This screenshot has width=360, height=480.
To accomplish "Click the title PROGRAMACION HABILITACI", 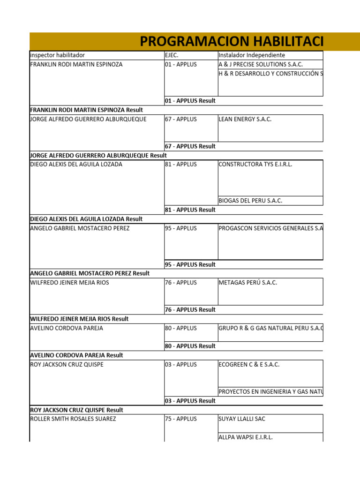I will click(x=232, y=42).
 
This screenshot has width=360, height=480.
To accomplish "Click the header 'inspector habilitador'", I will click(x=58, y=55).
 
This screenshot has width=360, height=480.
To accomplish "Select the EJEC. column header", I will click(x=172, y=55).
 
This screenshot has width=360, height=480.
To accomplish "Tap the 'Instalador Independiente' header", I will click(x=252, y=55).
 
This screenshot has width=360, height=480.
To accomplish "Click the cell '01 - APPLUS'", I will click(x=181, y=64).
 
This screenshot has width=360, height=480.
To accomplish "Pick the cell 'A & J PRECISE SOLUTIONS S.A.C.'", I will click(x=261, y=64).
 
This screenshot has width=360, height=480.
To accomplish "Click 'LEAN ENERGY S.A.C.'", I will click(x=245, y=119).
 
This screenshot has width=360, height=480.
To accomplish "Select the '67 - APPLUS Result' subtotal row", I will click(x=190, y=146).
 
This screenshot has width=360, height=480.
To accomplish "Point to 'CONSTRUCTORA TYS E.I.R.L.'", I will click(x=255, y=165).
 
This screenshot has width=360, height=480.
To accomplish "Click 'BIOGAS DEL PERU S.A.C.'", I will click(x=250, y=201).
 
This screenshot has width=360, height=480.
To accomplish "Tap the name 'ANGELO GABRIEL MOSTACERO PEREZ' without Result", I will click(x=80, y=228).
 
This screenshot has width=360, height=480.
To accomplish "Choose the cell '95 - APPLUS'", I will click(x=181, y=228).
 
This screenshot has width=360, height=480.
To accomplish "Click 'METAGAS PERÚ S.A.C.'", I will click(x=248, y=283).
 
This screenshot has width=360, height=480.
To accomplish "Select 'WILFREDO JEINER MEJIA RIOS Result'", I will click(x=79, y=319).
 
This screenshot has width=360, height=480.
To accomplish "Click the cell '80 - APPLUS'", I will click(x=181, y=328).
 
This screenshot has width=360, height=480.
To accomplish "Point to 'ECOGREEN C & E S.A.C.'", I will click(x=249, y=365).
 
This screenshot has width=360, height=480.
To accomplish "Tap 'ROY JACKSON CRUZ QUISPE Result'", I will click(x=76, y=410).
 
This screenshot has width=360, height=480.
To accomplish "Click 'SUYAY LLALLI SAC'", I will click(x=242, y=419).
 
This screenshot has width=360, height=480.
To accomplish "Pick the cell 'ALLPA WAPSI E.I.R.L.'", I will click(x=246, y=437).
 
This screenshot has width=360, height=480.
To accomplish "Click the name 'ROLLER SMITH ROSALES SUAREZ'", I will click(x=73, y=419).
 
